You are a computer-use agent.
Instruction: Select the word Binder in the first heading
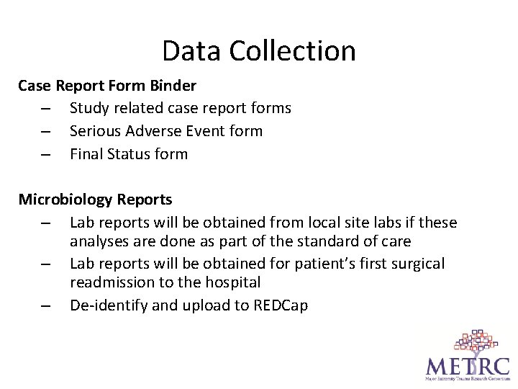point(173,86)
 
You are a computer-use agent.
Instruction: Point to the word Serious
point(96,131)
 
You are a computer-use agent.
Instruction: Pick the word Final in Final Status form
point(86,154)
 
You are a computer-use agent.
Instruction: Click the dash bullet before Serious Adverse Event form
point(45,132)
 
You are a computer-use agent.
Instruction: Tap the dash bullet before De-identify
point(45,306)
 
